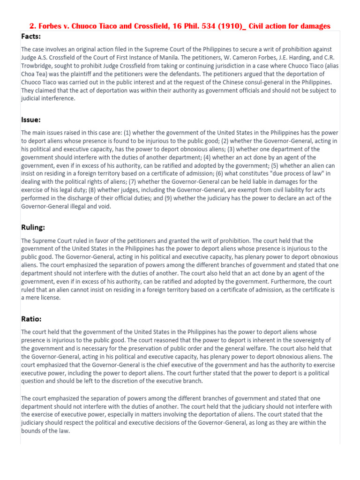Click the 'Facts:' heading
(x=31, y=36)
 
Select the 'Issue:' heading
(x=31, y=120)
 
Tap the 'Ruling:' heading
(x=33, y=227)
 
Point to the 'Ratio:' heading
(x=31, y=319)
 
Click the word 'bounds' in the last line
(x=30, y=431)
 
